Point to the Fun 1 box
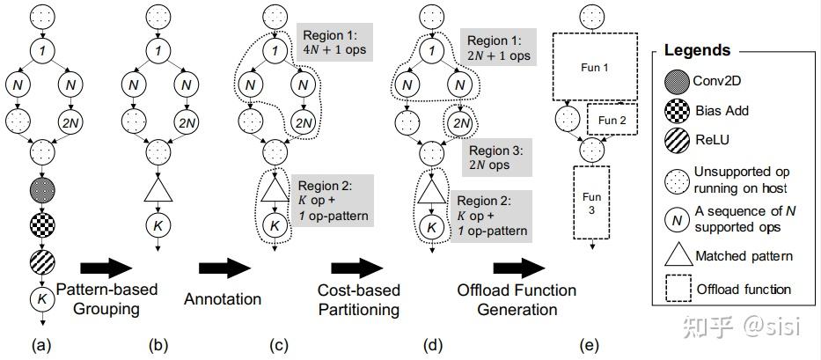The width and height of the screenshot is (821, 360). (x=594, y=66)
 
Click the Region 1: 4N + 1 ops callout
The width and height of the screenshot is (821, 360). (x=335, y=46)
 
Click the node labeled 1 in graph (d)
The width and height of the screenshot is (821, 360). (x=430, y=51)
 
